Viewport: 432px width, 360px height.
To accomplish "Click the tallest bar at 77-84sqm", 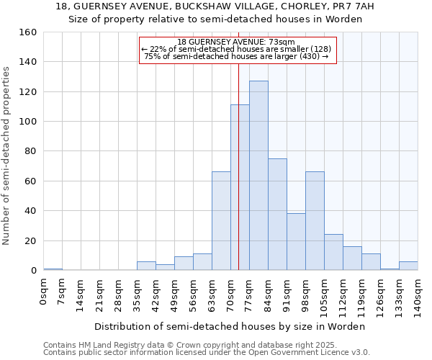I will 258,176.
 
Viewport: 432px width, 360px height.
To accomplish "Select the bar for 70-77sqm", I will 240,187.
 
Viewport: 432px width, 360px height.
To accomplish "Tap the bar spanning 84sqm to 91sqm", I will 277,215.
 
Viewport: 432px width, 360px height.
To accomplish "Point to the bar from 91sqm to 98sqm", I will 296,242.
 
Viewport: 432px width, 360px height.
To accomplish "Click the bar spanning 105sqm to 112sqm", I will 333,253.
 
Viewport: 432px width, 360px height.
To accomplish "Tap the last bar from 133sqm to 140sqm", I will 408,266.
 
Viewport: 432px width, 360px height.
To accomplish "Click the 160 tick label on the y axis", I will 27,32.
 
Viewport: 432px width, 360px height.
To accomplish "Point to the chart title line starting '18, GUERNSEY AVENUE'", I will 215,6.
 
